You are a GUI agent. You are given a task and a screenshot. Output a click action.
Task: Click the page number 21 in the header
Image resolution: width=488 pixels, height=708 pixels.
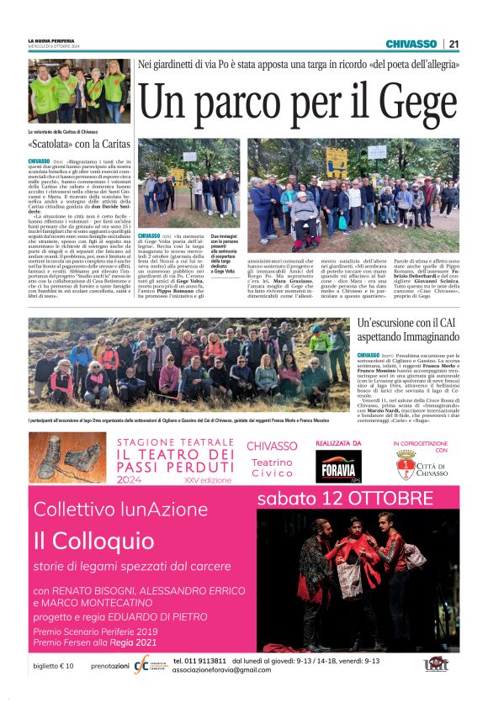click(x=454, y=44)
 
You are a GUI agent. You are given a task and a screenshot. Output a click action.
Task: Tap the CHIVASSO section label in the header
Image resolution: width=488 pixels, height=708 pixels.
click(x=411, y=44)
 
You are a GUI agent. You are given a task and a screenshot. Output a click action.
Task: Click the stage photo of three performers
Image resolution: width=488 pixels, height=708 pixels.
click(x=358, y=580)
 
